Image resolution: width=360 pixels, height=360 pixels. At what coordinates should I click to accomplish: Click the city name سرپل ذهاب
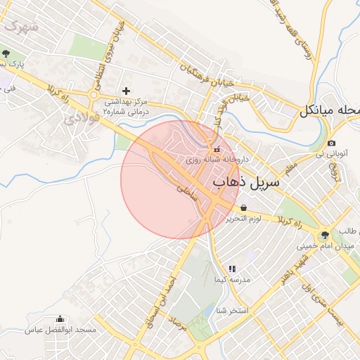(x=245, y=182)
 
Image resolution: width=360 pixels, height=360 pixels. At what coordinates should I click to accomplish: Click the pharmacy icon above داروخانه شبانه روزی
(x=217, y=149)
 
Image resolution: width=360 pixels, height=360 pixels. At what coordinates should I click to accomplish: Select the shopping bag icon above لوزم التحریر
(x=243, y=207)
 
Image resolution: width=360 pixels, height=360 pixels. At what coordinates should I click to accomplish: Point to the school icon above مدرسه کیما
(x=232, y=269)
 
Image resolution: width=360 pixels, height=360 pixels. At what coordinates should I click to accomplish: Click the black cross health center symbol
(x=127, y=90)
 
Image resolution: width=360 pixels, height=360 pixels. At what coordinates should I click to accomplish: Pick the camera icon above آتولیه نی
(x=331, y=143)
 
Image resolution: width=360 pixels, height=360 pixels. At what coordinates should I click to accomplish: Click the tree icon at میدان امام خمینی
(x=325, y=236)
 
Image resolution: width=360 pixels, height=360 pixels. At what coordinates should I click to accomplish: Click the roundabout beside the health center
(x=93, y=95)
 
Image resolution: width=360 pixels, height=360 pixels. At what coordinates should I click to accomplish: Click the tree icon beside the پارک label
(x=6, y=54)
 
